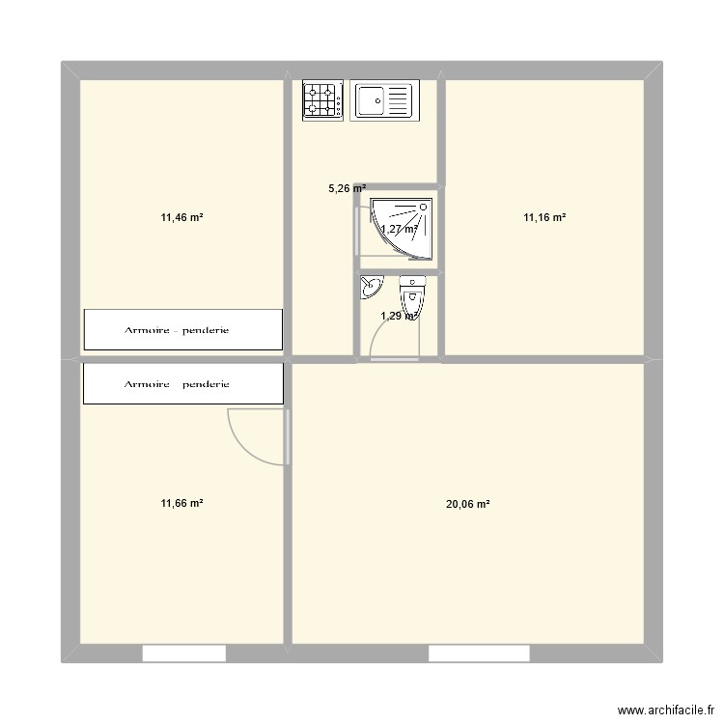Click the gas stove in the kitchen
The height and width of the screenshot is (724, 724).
pyautogui.click(x=323, y=100)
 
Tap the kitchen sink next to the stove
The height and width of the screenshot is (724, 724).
pyautogui.click(x=382, y=100)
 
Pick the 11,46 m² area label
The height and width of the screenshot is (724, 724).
pyautogui.click(x=181, y=218)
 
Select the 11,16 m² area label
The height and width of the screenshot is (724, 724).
pyautogui.click(x=544, y=218)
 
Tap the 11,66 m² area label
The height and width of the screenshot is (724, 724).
pyautogui.click(x=181, y=503)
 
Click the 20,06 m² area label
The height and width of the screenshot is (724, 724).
pyautogui.click(x=468, y=503)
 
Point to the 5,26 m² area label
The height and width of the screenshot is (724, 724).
pyautogui.click(x=347, y=189)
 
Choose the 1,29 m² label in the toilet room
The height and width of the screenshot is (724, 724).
pyautogui.click(x=398, y=316)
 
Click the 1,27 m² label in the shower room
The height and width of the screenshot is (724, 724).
pyautogui.click(x=399, y=230)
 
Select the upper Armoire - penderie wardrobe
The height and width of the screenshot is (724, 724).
pyautogui.click(x=182, y=330)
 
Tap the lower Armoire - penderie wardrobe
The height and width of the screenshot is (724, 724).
pyautogui.click(x=182, y=383)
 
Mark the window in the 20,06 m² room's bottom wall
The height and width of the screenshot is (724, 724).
pyautogui.click(x=479, y=654)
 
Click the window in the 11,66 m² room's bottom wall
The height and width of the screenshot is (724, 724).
pyautogui.click(x=183, y=654)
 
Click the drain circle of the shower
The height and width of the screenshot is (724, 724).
pyautogui.click(x=423, y=206)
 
